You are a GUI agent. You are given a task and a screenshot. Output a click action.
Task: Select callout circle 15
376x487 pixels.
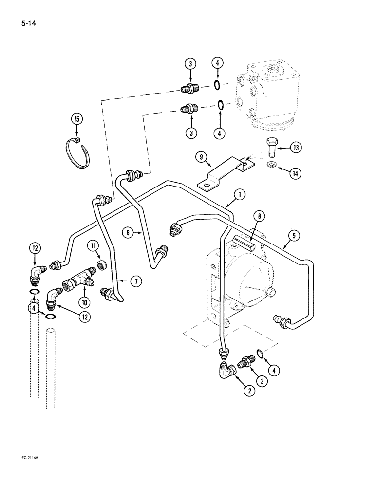coord(76,118)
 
